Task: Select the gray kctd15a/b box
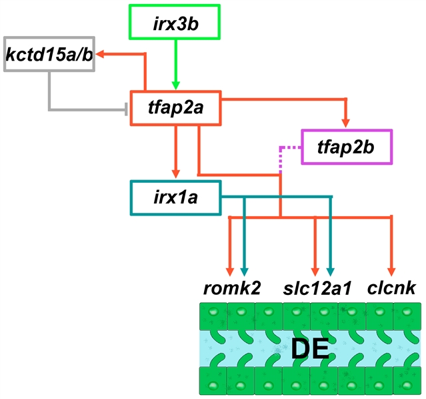click(50, 53)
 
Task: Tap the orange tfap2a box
click(176, 107)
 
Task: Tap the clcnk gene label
click(392, 288)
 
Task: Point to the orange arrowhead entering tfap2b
click(345, 121)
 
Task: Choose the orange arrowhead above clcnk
click(391, 269)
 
